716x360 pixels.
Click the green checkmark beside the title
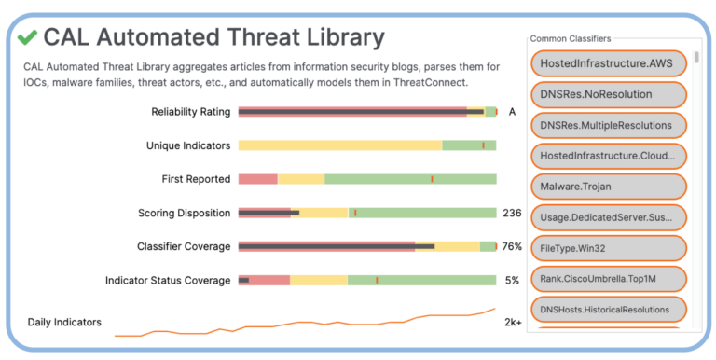pyautogui.click(x=27, y=37)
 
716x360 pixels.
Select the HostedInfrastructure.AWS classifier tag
pyautogui.click(x=608, y=62)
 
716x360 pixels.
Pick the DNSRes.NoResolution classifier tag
pyautogui.click(x=608, y=94)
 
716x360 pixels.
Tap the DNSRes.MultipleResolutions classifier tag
pyautogui.click(x=608, y=125)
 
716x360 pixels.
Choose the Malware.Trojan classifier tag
pyautogui.click(x=608, y=187)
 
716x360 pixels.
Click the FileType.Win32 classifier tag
pyautogui.click(x=608, y=248)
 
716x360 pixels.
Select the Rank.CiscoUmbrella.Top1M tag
pyautogui.click(x=608, y=279)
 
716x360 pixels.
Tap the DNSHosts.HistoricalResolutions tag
pyautogui.click(x=608, y=309)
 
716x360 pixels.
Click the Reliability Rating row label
pyautogui.click(x=190, y=112)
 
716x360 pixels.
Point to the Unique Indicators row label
pyautogui.click(x=187, y=145)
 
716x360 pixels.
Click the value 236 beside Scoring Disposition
pyautogui.click(x=512, y=213)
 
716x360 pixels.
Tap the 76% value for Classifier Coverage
pyautogui.click(x=512, y=246)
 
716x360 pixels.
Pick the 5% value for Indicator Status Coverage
pyautogui.click(x=512, y=280)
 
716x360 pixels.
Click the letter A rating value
pyautogui.click(x=512, y=112)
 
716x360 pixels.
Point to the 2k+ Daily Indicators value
pyautogui.click(x=513, y=322)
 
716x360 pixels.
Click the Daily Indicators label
pyautogui.click(x=64, y=322)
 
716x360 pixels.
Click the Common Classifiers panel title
pyautogui.click(x=571, y=38)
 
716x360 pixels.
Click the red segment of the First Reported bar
pyautogui.click(x=258, y=179)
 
